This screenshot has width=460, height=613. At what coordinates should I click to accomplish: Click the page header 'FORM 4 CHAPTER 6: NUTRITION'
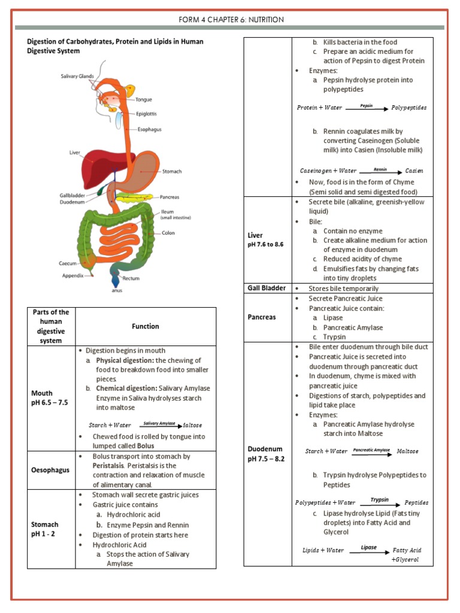tap(231, 20)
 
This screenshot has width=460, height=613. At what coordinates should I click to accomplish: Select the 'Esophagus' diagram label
tap(150, 129)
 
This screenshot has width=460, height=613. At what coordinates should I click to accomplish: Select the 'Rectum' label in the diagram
tap(131, 278)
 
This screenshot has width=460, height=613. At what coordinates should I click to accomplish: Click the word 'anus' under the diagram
tap(116, 292)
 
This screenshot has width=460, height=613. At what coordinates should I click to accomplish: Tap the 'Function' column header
tap(146, 326)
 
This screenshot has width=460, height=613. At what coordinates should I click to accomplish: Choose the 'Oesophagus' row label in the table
tap(51, 470)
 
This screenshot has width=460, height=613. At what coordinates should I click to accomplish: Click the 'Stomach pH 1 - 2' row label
tap(46, 529)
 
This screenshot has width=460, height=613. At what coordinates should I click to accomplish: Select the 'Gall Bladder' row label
tap(267, 288)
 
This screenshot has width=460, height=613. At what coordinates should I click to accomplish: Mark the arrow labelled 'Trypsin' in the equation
tap(379, 503)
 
